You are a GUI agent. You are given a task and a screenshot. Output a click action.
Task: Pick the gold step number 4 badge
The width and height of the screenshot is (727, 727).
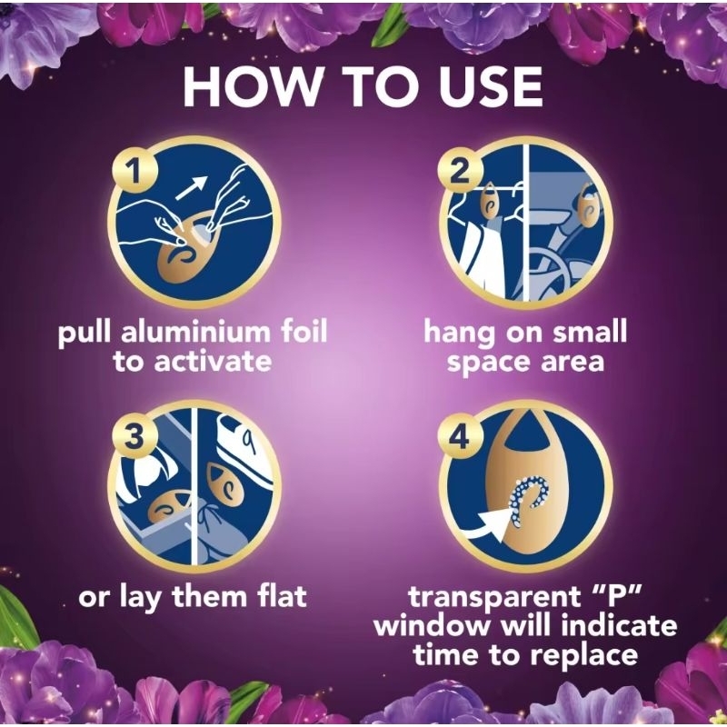click(x=461, y=438)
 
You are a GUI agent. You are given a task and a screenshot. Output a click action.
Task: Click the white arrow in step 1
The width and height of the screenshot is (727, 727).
click(x=191, y=187)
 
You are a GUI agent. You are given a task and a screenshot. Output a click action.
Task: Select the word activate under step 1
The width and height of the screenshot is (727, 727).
click(x=212, y=362)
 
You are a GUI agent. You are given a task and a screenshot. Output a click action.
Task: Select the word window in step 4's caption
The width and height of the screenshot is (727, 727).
click(x=432, y=625)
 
